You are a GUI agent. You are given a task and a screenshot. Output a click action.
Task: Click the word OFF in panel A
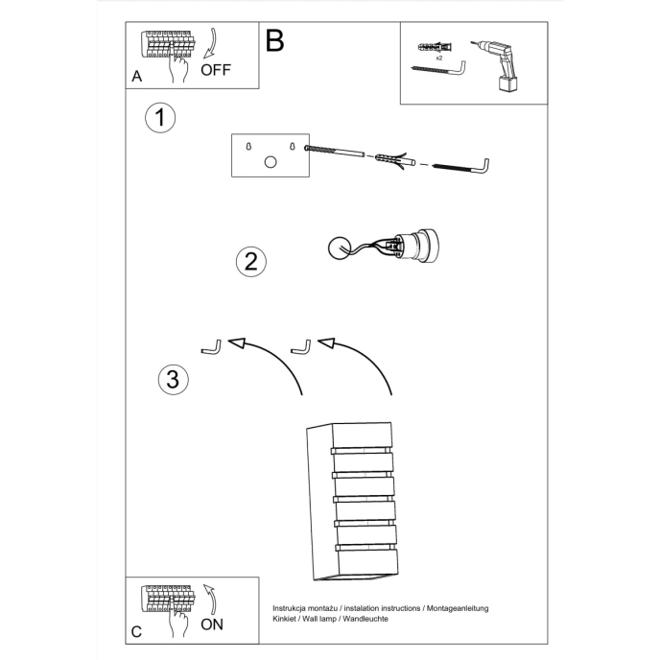tap(217, 70)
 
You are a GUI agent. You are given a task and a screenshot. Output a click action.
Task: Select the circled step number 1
tap(160, 118)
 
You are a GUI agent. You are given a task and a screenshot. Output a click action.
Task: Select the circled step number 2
tap(250, 261)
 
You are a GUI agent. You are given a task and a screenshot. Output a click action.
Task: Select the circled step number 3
tap(173, 379)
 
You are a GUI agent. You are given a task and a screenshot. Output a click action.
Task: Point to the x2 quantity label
tap(438, 59)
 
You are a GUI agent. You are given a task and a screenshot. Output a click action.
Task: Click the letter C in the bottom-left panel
tap(137, 630)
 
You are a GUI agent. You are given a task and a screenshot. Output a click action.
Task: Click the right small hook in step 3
tap(301, 345)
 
